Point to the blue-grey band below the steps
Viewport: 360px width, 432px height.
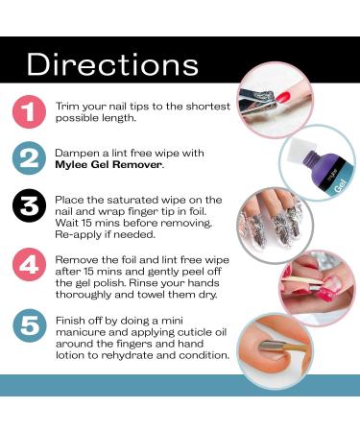click(x=180, y=384)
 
